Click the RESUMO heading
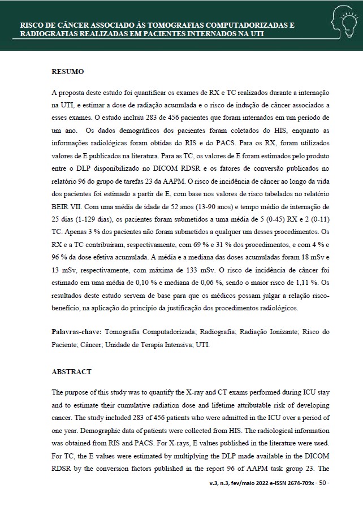[x=68, y=72]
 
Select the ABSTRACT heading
[x=72, y=372]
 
